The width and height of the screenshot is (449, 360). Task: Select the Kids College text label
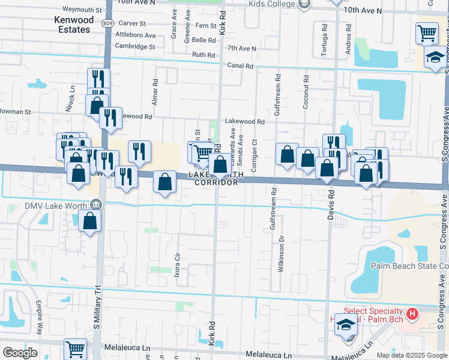pyautogui.click(x=271, y=4)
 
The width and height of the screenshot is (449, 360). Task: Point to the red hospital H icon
pyautogui.click(x=412, y=313)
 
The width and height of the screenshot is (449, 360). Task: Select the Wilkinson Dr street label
pyautogui.click(x=281, y=254)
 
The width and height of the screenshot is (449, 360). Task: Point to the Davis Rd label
pyautogui.click(x=330, y=206)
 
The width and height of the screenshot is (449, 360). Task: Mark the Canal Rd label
pyautogui.click(x=240, y=65)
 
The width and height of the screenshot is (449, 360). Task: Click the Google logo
pyautogui.click(x=20, y=353)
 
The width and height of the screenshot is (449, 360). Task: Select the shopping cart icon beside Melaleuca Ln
pyautogui.click(x=76, y=349)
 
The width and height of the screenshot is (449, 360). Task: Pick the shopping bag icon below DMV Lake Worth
pyautogui.click(x=89, y=221)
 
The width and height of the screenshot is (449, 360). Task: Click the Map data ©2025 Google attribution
pyautogui.click(x=411, y=355)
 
